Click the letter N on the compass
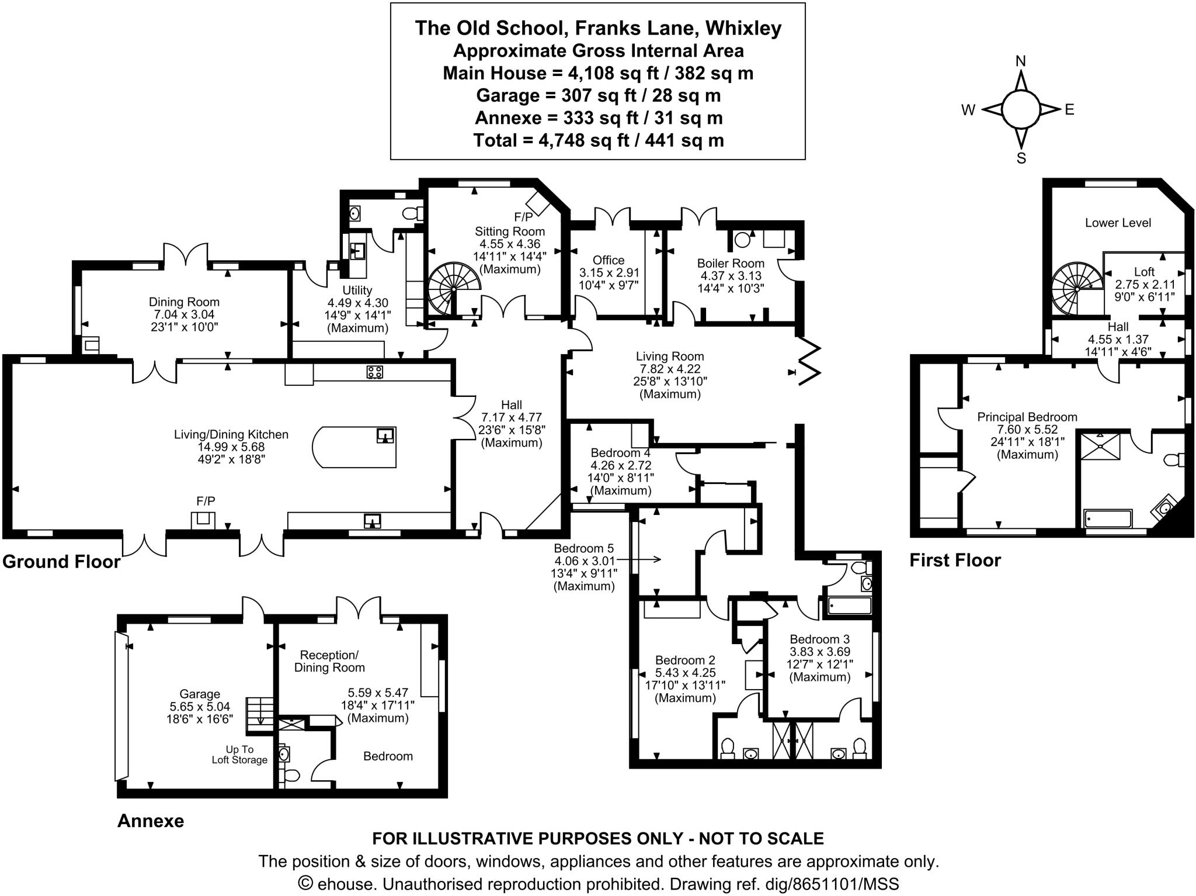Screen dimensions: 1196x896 click(x=1021, y=61)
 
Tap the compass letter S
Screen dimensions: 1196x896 click(x=1021, y=158)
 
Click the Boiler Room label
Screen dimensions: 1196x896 click(x=731, y=263)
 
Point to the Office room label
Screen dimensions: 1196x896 click(x=609, y=260)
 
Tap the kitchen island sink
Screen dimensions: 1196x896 click(x=385, y=436)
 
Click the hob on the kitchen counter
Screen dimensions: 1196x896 click(x=374, y=372)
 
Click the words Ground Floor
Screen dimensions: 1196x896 click(x=61, y=562)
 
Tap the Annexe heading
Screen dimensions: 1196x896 click(x=151, y=821)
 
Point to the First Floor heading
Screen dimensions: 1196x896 click(x=955, y=561)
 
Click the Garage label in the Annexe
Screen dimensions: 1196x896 click(x=200, y=694)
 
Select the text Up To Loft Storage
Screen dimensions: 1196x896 click(x=239, y=755)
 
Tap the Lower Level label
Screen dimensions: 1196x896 click(x=1118, y=223)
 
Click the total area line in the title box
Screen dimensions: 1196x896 click(x=599, y=140)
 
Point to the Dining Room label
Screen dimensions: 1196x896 click(x=184, y=302)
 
